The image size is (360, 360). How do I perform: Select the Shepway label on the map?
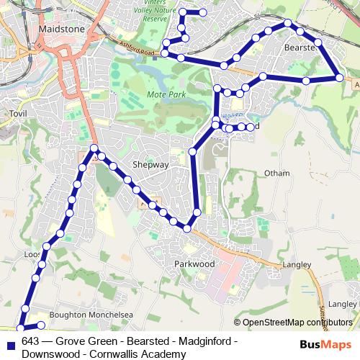coord(150,164)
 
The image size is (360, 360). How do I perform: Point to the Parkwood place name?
coord(194,264)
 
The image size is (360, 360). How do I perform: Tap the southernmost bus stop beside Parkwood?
coord(187,228)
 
